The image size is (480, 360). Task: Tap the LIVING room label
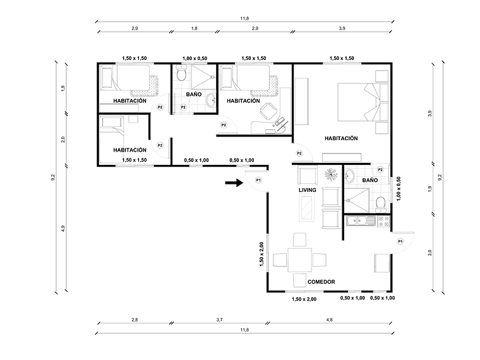click(307, 189)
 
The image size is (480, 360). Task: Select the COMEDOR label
click(321, 282)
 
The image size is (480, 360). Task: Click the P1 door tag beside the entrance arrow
click(258, 181)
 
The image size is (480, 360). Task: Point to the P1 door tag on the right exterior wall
click(400, 241)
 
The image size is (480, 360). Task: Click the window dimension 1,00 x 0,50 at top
click(194, 58)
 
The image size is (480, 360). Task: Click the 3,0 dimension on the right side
click(429, 253)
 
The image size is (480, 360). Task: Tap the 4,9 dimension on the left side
click(63, 229)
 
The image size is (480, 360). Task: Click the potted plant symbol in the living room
click(331, 173)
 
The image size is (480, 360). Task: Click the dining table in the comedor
click(302, 258)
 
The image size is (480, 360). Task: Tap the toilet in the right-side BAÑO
click(380, 202)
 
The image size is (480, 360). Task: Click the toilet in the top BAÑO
click(182, 76)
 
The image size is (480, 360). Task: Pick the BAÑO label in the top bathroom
click(193, 95)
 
